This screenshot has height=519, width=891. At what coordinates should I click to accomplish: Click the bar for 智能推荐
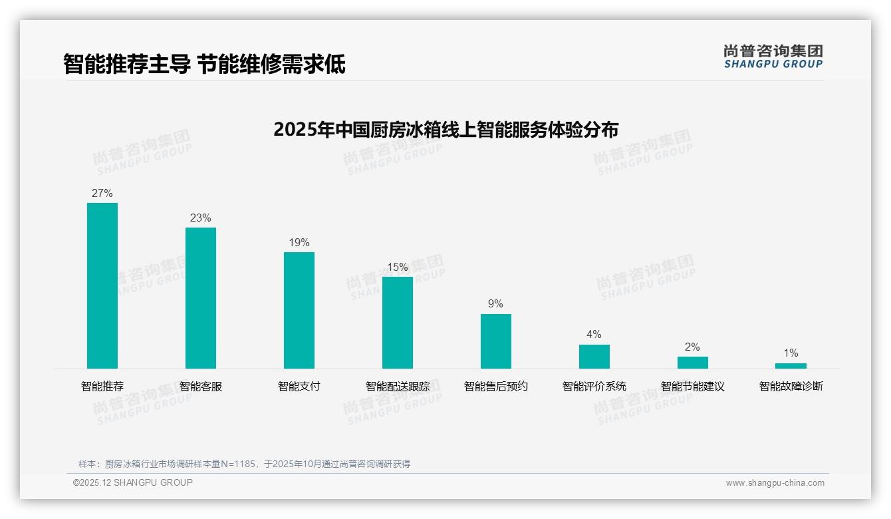click(102, 285)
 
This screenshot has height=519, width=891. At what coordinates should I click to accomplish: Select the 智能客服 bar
click(201, 298)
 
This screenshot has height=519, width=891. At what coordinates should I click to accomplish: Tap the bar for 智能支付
click(299, 310)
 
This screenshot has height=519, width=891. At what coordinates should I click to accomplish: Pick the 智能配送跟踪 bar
click(398, 323)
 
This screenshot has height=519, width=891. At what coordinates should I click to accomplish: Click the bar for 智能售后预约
click(496, 341)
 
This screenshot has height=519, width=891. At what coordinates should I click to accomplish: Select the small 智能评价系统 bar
click(594, 357)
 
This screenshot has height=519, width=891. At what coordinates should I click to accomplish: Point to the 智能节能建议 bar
click(693, 363)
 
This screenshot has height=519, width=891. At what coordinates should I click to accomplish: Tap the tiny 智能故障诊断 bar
click(791, 366)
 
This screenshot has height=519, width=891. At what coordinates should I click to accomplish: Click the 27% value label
click(102, 194)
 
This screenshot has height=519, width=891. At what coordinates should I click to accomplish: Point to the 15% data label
click(398, 267)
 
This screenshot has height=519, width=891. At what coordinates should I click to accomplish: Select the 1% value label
click(791, 353)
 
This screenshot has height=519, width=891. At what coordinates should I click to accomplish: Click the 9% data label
click(496, 304)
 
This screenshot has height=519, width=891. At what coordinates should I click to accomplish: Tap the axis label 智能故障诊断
click(791, 387)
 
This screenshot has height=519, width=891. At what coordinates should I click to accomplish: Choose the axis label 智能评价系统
click(594, 387)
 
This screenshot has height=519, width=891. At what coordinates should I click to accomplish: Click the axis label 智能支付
click(299, 387)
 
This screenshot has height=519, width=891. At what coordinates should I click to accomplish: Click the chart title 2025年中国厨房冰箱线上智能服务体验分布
click(445, 129)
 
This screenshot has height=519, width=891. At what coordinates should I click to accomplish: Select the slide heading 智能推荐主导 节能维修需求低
click(204, 65)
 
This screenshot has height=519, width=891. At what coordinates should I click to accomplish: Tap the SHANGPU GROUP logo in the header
click(773, 57)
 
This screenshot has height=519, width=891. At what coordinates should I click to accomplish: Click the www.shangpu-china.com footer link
click(775, 483)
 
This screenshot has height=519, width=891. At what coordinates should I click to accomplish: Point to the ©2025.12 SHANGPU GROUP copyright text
click(133, 483)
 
